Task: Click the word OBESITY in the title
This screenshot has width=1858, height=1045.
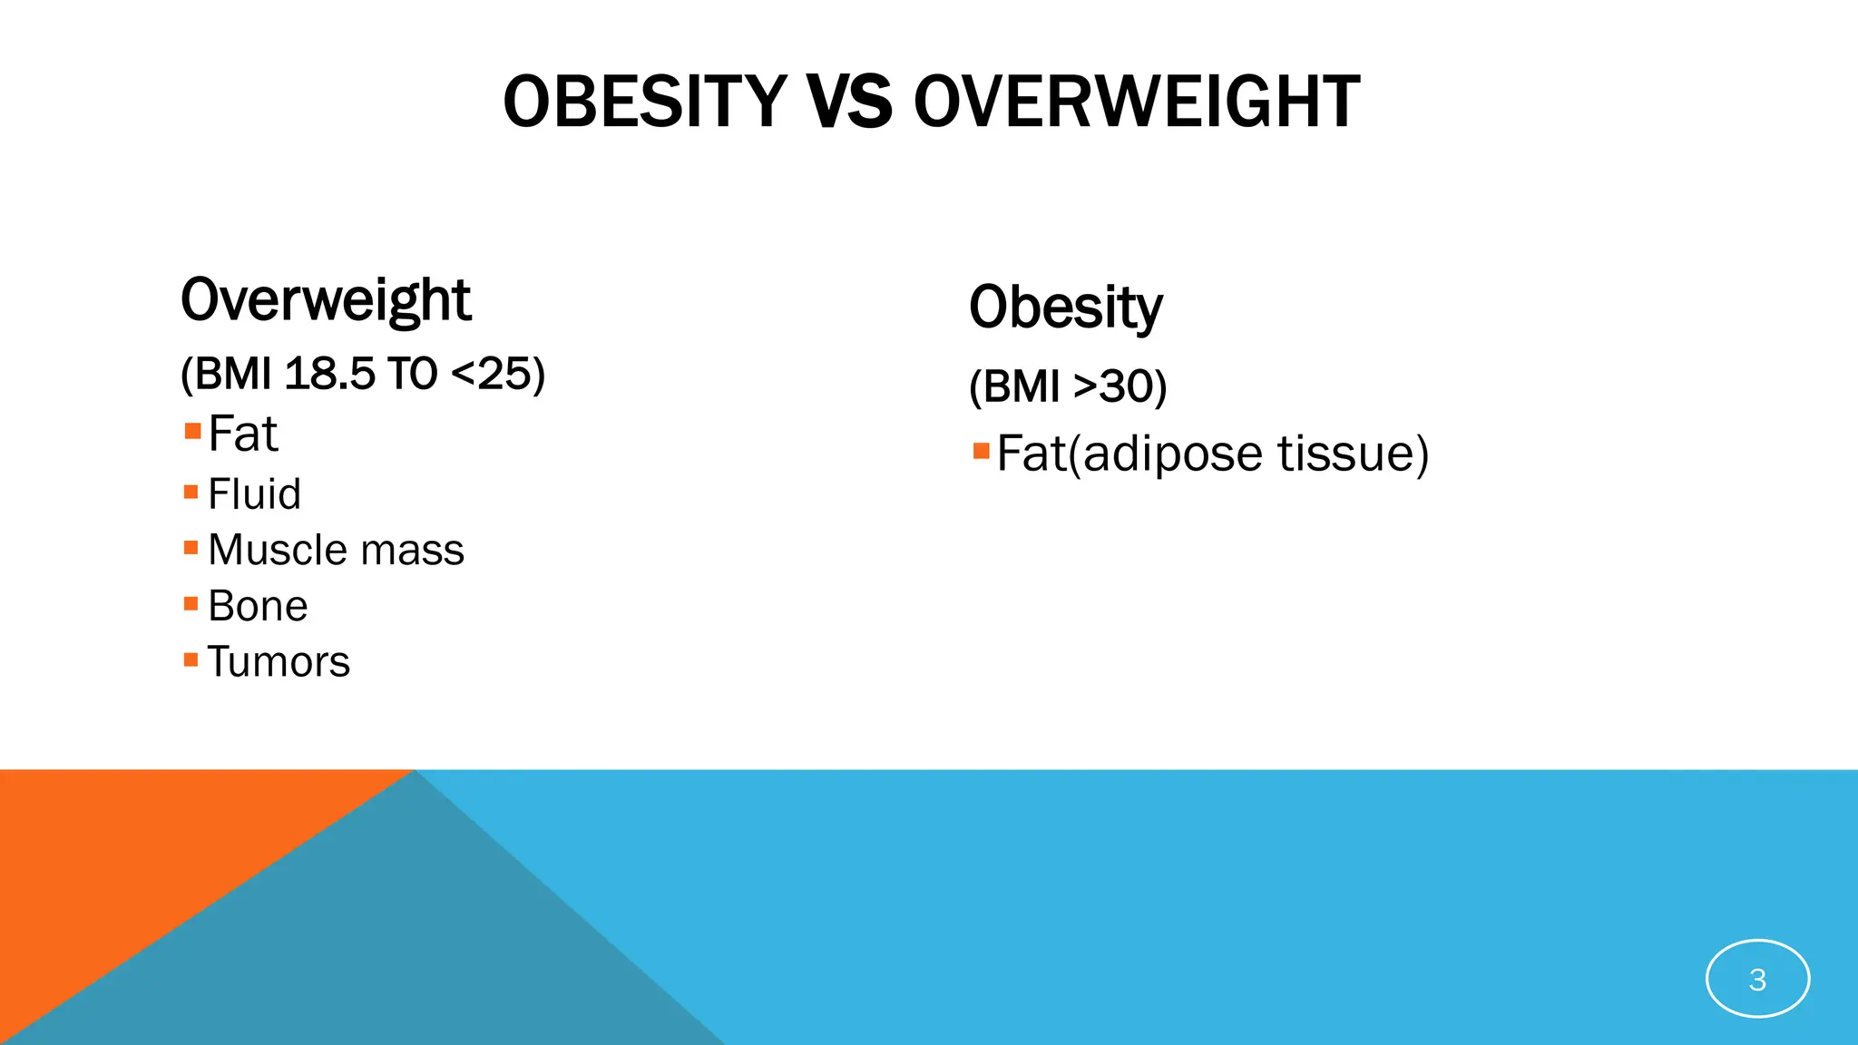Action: [645, 102]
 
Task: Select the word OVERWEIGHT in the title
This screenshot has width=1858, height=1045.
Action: [1137, 102]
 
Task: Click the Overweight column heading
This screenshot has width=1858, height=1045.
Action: [326, 300]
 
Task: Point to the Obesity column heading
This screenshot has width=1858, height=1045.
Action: [1065, 308]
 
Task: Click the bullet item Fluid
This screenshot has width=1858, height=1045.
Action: [254, 494]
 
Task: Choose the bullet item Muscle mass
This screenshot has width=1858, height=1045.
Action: [336, 551]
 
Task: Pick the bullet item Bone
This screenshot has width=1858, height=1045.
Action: [258, 606]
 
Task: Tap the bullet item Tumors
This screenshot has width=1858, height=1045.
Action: [279, 662]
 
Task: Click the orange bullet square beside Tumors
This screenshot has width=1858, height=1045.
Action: [191, 659]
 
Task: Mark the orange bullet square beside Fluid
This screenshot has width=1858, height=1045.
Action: [191, 493]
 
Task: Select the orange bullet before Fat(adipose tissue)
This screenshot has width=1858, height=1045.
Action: [981, 451]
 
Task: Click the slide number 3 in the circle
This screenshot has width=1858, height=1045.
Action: [1757, 980]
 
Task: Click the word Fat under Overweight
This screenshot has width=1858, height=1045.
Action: [242, 434]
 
